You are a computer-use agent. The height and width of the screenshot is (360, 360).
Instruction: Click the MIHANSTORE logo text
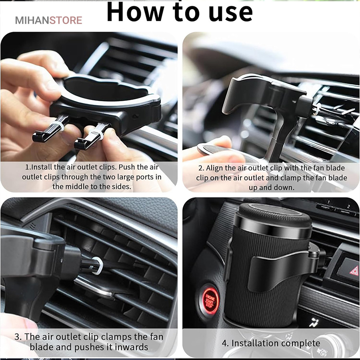[x=48, y=20]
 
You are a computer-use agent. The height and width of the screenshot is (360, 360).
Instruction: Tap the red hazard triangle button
[x=354, y=271]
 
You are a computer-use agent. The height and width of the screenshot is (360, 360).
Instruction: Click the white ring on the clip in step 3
[x=98, y=266]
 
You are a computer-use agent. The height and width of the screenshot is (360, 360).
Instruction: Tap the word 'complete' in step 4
[x=300, y=344]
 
